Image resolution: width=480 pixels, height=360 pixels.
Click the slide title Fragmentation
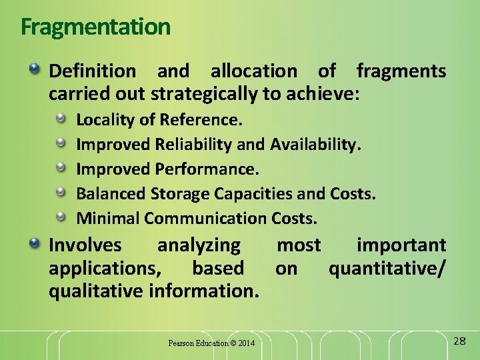click(95, 27)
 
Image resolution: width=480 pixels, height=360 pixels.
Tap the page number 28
click(459, 341)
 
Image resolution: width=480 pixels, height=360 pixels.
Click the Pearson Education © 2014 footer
click(211, 343)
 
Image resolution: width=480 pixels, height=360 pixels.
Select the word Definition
click(93, 71)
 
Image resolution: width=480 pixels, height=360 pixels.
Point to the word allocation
click(254, 71)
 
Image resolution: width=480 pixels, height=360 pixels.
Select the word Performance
click(207, 169)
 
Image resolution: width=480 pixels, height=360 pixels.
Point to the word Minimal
click(108, 218)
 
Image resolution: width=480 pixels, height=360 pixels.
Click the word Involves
click(85, 245)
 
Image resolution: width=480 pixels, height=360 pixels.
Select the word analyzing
click(199, 245)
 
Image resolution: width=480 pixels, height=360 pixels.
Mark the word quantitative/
click(387, 268)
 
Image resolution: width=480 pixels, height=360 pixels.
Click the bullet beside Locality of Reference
click(61, 119)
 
